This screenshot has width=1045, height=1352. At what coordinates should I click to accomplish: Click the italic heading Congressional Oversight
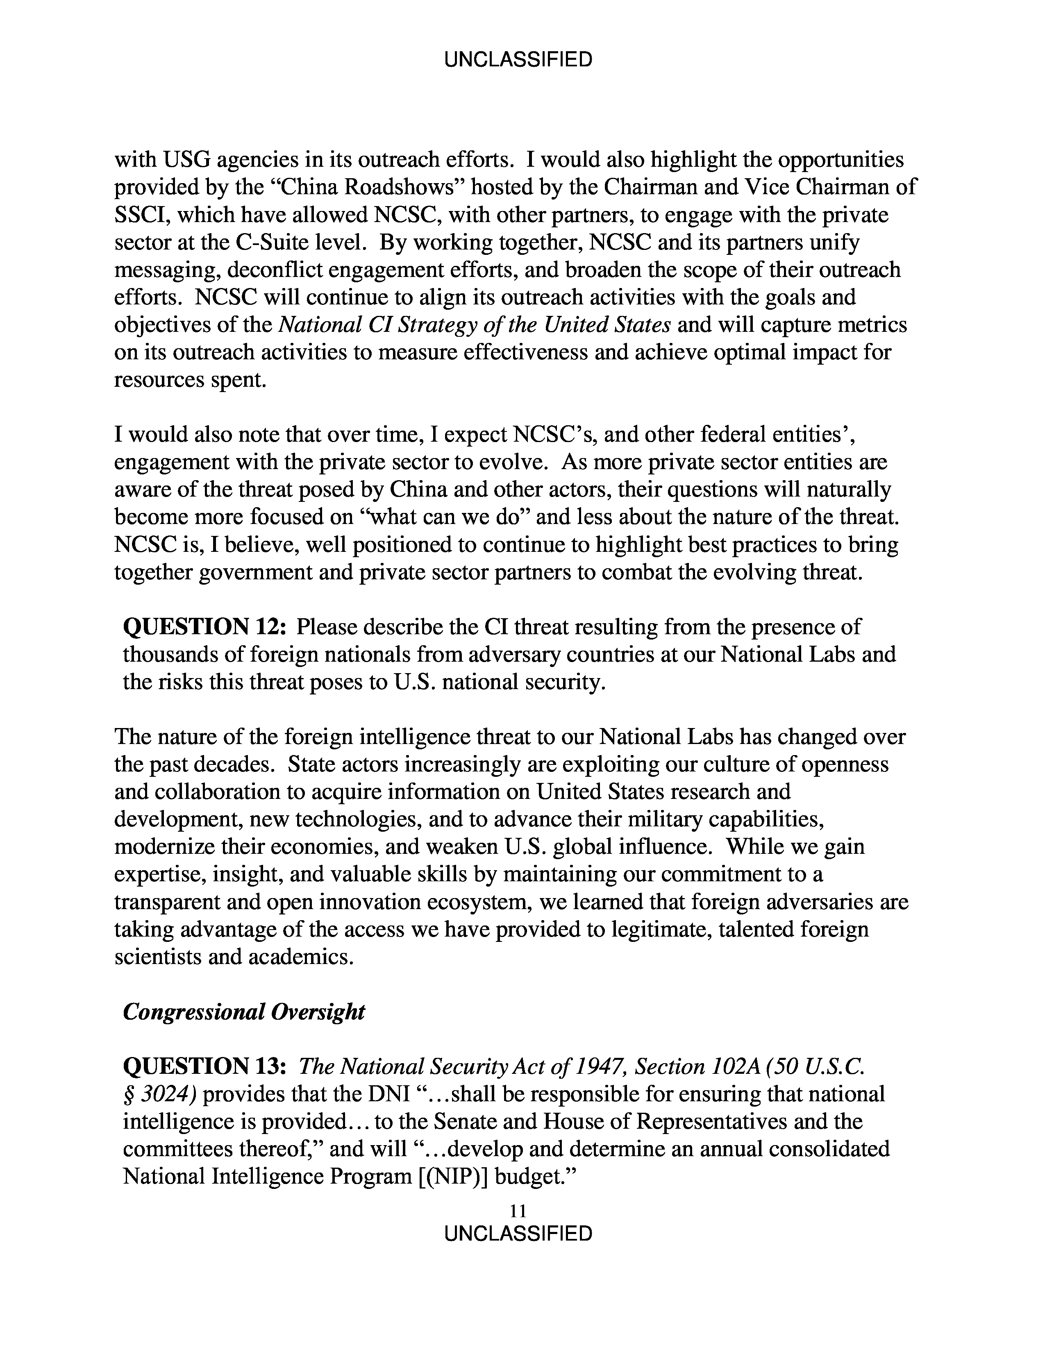pyautogui.click(x=244, y=1012)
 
